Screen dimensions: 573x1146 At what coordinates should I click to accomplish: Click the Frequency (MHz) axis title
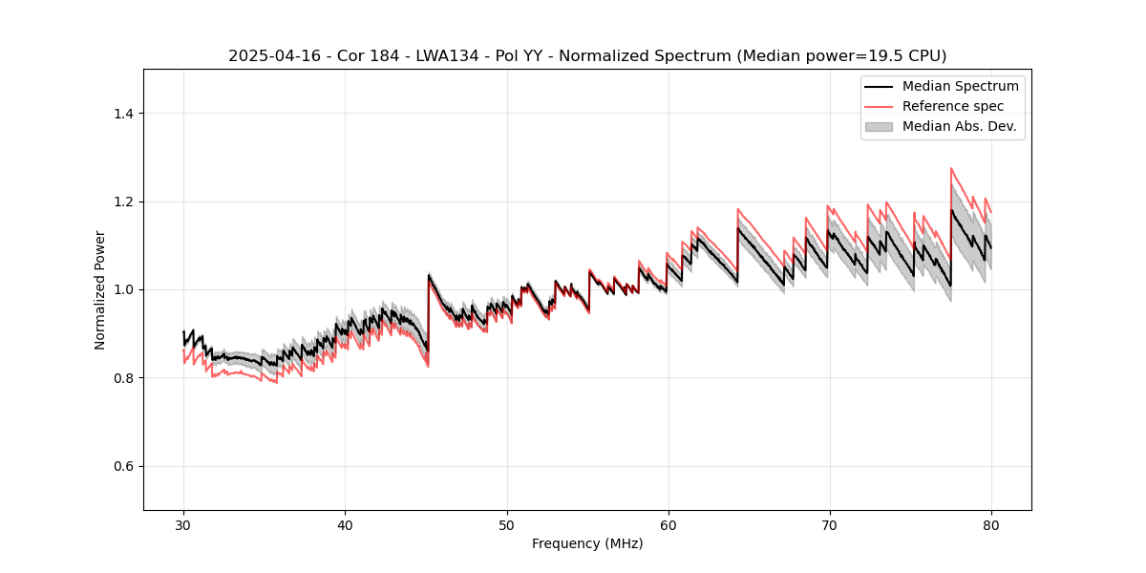[x=587, y=543]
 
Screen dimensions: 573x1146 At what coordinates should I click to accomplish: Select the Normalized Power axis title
[x=100, y=289]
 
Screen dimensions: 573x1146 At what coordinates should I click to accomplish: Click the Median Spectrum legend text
[x=960, y=86]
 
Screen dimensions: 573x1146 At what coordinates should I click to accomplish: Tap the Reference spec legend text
[x=952, y=106]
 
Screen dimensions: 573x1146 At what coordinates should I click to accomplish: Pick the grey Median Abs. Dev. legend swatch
[x=878, y=126]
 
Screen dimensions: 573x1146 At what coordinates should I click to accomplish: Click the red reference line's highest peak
[x=951, y=168]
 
